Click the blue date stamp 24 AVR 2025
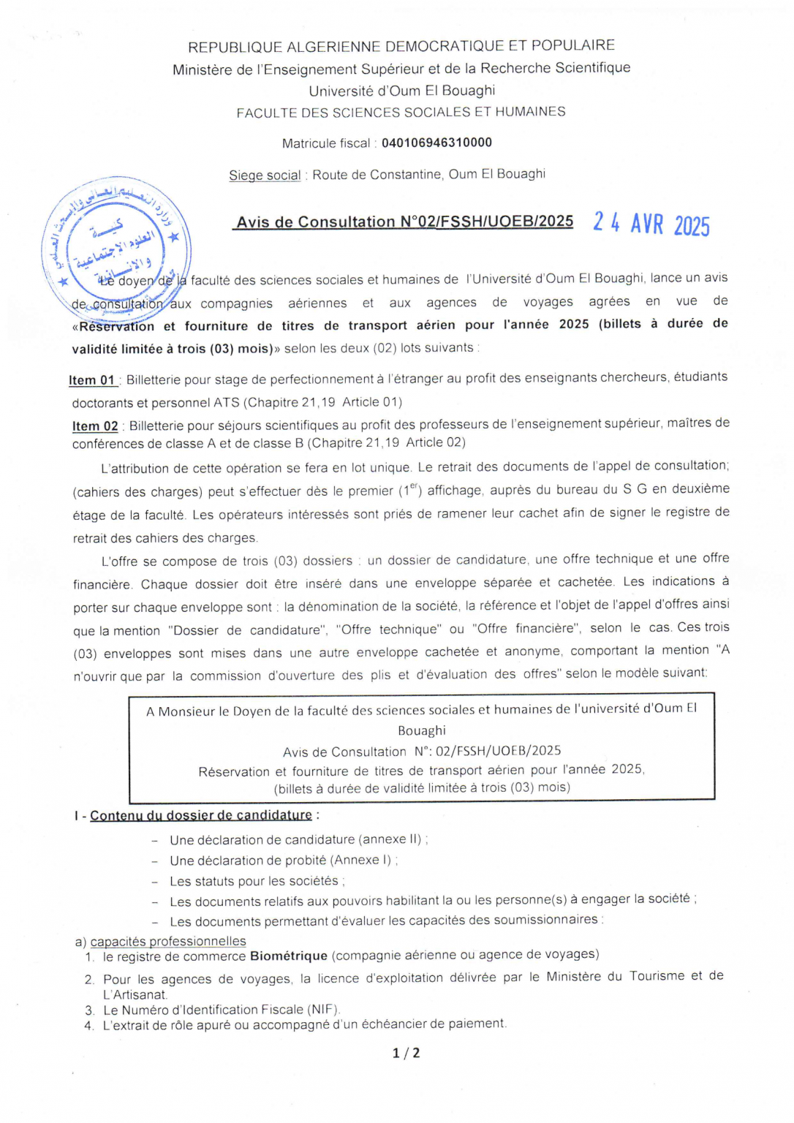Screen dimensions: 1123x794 point(651,223)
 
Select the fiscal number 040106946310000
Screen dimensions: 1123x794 point(436,143)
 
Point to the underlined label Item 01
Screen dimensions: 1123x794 point(92,380)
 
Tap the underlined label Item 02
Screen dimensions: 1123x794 point(95,426)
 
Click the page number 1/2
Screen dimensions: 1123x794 point(407,1053)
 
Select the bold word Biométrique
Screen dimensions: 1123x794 point(289,956)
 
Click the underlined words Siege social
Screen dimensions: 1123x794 point(265,175)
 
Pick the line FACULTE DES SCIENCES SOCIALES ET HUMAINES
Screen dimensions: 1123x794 point(401,113)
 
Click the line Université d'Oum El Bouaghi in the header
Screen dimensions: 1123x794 point(401,91)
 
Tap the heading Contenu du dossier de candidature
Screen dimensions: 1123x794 point(201,815)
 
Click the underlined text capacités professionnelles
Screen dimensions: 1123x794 point(168,941)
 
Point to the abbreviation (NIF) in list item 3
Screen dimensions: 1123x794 point(322,1010)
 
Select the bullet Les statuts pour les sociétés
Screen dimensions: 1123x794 point(255,881)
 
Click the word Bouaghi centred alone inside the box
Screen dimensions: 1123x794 point(421,730)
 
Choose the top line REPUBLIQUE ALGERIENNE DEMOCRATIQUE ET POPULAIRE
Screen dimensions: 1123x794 point(401,46)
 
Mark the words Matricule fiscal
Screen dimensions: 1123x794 point(326,143)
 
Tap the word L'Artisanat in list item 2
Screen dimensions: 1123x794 point(135,994)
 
